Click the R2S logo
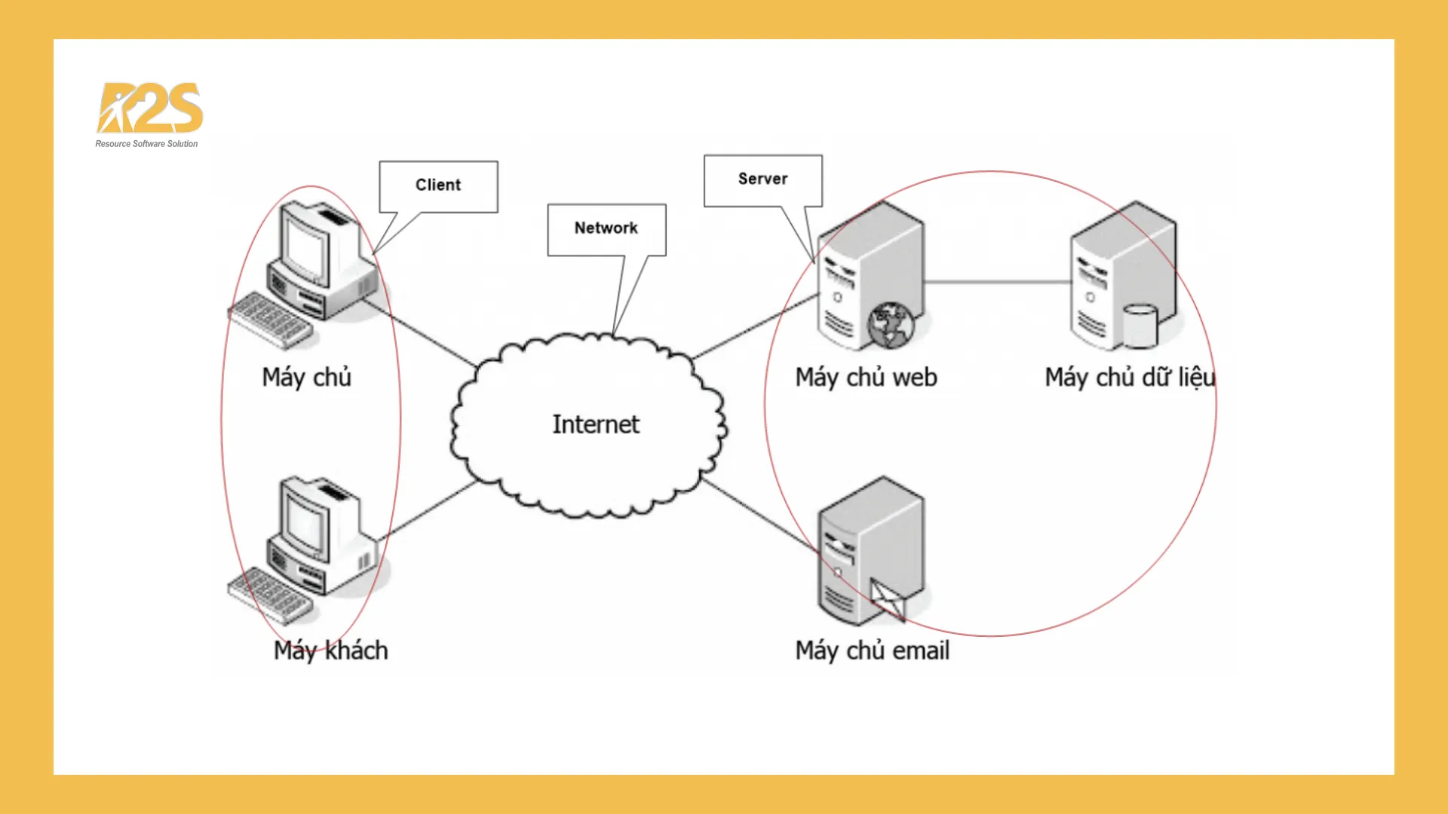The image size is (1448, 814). click(150, 108)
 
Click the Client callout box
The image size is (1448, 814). click(438, 185)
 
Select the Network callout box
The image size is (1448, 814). click(606, 228)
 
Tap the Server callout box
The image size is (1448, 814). click(762, 179)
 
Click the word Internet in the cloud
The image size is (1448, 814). click(596, 424)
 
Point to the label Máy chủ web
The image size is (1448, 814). click(866, 378)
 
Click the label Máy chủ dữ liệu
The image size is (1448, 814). click(1129, 378)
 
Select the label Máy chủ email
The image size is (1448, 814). click(872, 650)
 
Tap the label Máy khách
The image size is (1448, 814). click(330, 650)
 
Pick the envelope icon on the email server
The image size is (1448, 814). click(888, 600)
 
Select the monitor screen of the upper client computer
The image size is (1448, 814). click(305, 249)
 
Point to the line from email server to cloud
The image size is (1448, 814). click(758, 513)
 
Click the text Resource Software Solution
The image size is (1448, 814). click(146, 144)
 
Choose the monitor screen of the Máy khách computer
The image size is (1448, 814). click(305, 524)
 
